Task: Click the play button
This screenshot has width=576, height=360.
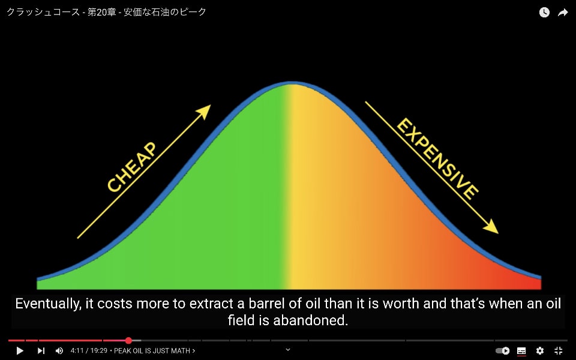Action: (x=20, y=351)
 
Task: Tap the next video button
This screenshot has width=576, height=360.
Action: (x=41, y=351)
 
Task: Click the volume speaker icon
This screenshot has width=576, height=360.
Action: (x=59, y=351)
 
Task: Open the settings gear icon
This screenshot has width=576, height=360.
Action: (x=539, y=351)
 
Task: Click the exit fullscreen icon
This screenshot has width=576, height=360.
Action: (x=559, y=351)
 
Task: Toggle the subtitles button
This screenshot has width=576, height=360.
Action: (x=521, y=351)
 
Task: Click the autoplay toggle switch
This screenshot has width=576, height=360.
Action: (x=503, y=351)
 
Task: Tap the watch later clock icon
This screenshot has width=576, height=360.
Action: (x=544, y=13)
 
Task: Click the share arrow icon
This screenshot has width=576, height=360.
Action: (x=563, y=13)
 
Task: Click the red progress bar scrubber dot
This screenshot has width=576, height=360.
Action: (x=128, y=341)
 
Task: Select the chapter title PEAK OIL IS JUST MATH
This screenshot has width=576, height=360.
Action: (x=152, y=351)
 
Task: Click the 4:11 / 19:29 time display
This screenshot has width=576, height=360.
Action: (x=89, y=351)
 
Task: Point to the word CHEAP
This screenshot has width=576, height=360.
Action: (x=132, y=167)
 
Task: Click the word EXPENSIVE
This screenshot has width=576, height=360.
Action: (x=437, y=158)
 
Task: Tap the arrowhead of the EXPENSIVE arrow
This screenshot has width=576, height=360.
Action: (x=491, y=226)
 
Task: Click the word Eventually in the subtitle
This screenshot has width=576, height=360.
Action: (x=49, y=304)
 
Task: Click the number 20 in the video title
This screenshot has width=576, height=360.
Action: (x=102, y=12)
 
